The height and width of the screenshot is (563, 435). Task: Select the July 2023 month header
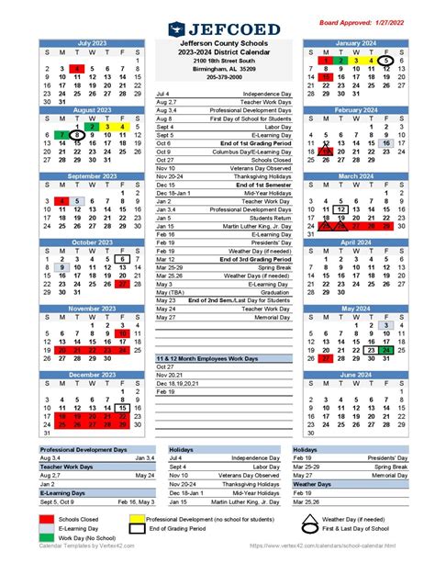(91, 42)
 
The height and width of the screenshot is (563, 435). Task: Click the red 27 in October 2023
(123, 285)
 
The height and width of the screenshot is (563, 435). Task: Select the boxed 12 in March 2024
(341, 210)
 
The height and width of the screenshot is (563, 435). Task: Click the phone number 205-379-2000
(217, 77)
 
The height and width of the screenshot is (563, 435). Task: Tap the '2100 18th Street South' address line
(217, 61)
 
